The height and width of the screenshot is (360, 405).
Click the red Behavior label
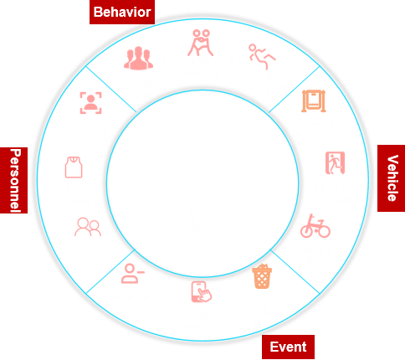pos(122,12)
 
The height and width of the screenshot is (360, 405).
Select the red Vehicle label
pos(391,178)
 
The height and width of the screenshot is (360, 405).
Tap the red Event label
pos(288,347)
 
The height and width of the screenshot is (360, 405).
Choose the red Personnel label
pos(13,180)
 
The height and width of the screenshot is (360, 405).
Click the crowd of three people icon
pos(138,58)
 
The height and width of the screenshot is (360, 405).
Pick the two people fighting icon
pos(200,43)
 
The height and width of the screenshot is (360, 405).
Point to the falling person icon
pos(262,56)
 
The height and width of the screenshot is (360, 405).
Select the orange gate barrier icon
pos(314,100)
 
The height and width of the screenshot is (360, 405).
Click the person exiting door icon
pos(335,163)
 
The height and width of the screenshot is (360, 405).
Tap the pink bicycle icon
pos(315,226)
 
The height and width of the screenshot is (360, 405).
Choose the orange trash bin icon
pos(262,276)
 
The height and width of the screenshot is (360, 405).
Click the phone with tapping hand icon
pos(202,292)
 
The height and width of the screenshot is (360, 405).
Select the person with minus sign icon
pos(133,274)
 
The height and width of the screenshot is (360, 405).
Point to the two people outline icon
pos(88,227)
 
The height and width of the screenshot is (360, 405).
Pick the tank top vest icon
pos(74,167)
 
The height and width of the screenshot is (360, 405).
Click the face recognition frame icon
pos(90,103)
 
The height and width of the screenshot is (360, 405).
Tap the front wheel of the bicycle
pos(324,231)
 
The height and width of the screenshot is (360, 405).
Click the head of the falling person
pos(253,48)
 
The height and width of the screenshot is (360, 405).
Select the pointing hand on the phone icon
pos(205,296)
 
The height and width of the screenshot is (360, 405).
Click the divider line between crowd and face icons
pos(111,89)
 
